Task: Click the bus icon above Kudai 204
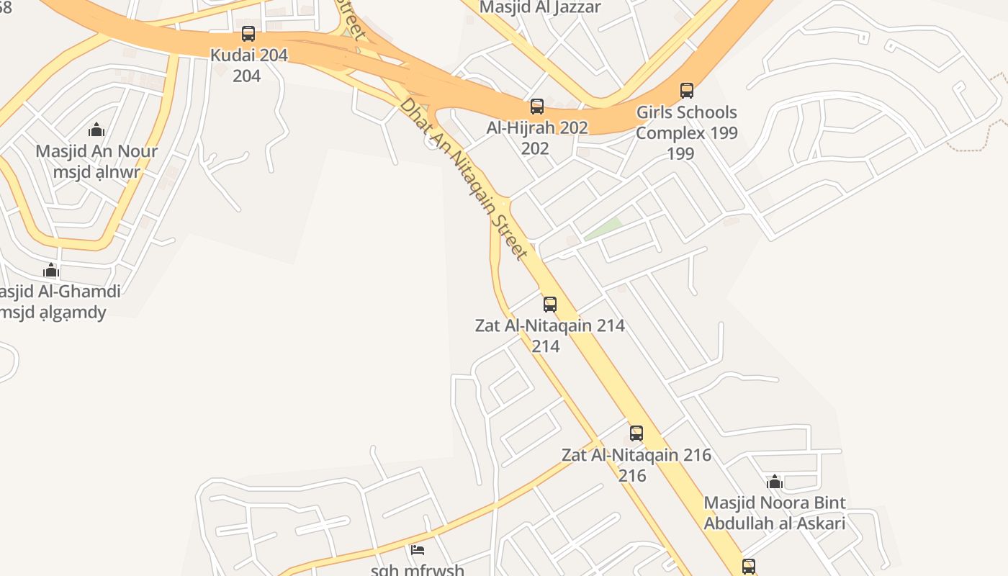[x=248, y=33]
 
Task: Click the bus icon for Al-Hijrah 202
[x=537, y=107]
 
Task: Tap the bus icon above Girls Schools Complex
[x=687, y=91]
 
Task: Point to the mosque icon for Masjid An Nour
[x=96, y=130]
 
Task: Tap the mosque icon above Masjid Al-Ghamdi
[x=51, y=270]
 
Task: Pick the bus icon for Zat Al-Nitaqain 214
[x=550, y=304]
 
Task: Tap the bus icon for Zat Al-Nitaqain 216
[x=636, y=433]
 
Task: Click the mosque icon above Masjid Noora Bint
[x=775, y=481]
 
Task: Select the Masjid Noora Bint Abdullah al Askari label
[x=775, y=513]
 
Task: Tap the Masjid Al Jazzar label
[x=539, y=7]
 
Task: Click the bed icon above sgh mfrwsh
[x=418, y=550]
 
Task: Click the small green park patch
[x=603, y=229]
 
